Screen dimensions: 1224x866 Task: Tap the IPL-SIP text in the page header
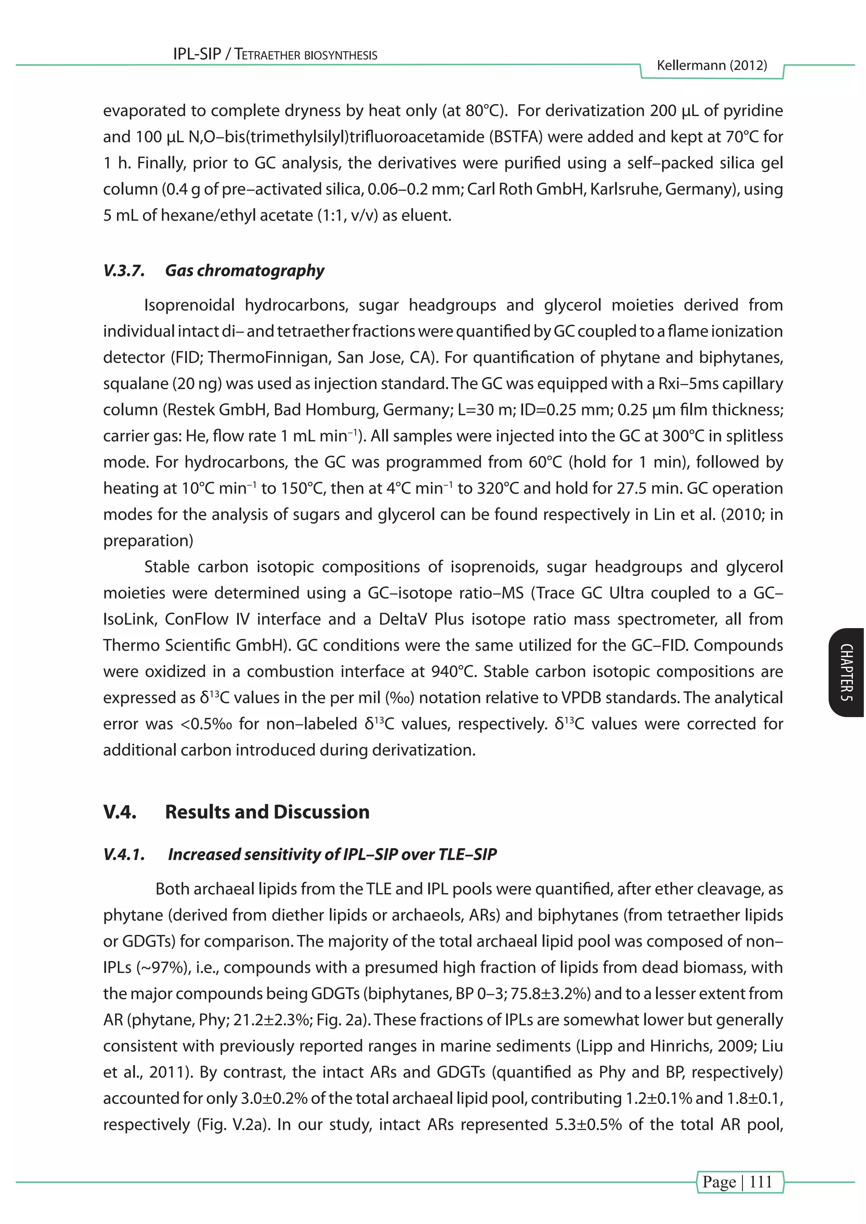tap(197, 55)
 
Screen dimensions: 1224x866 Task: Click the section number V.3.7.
tap(124, 271)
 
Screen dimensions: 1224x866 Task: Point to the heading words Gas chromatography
tap(244, 271)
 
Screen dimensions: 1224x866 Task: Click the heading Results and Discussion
tap(267, 811)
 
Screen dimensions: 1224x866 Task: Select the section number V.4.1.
tap(124, 854)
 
